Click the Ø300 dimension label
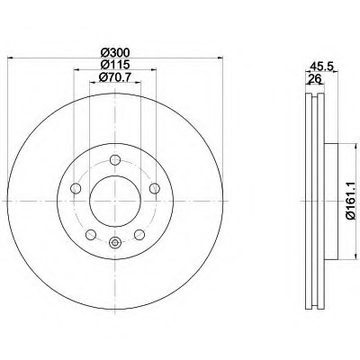115,53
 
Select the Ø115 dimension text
115,64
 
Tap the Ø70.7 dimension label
115,77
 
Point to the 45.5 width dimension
321,66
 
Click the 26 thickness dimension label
315,79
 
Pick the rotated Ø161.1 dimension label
353,201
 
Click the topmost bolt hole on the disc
115,159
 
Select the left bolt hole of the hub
76,188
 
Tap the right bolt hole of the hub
155,188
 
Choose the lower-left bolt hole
91,235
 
